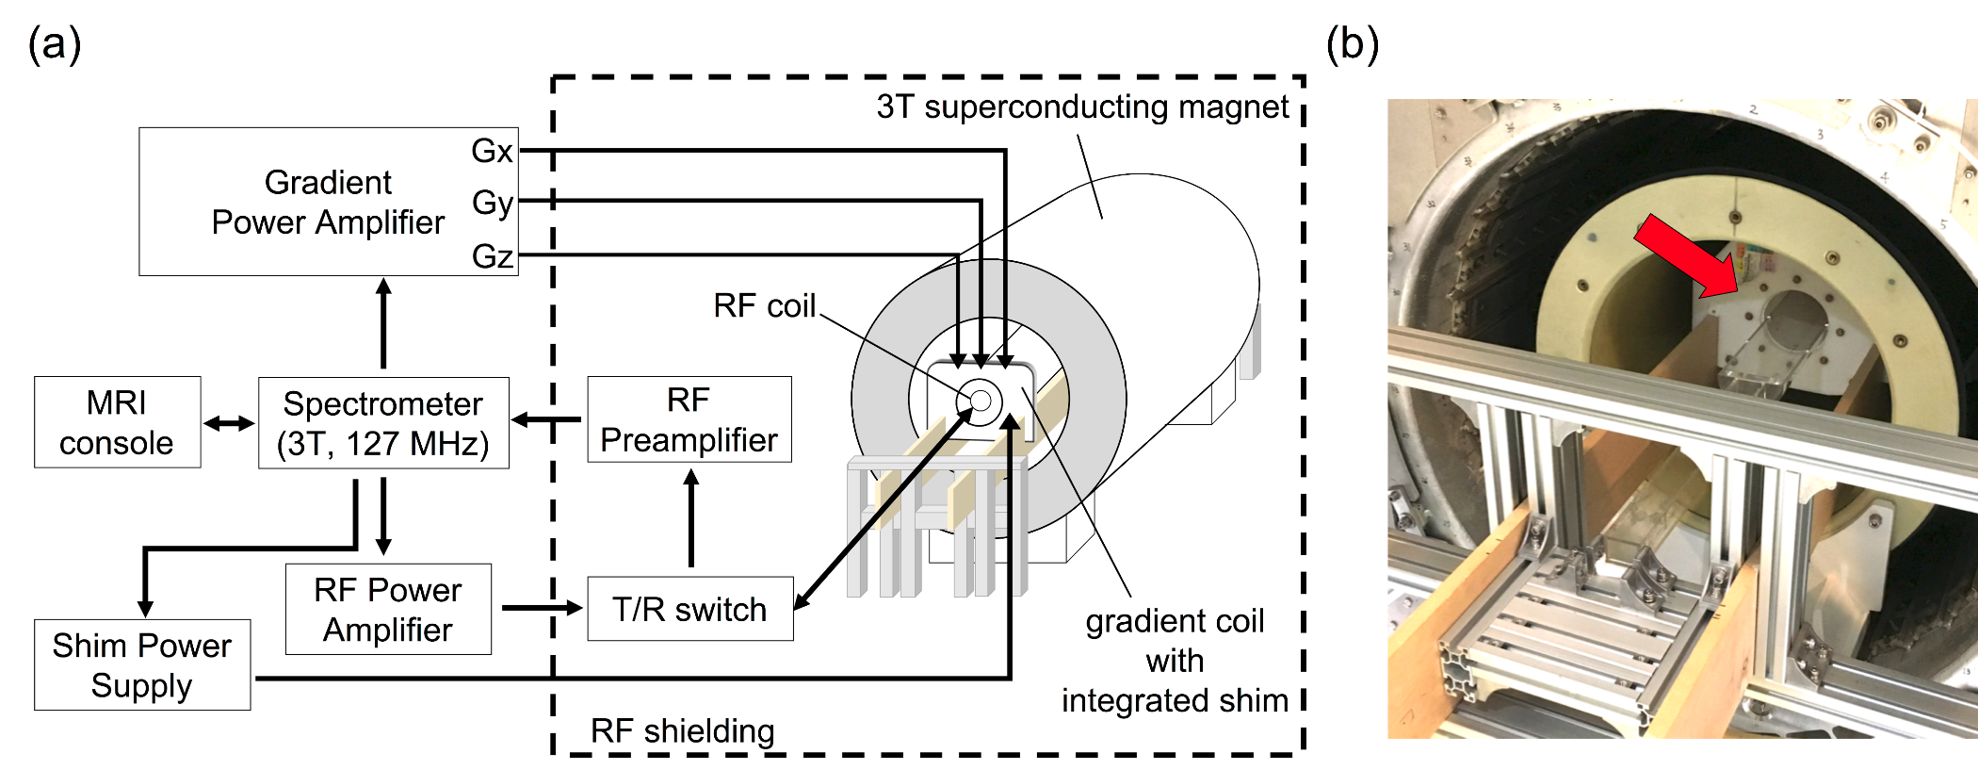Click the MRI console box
pyautogui.click(x=117, y=422)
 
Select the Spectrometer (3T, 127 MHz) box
pyautogui.click(x=383, y=423)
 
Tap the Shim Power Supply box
pyautogui.click(x=142, y=664)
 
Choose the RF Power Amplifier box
pyautogui.click(x=388, y=609)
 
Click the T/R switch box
pyautogui.click(x=689, y=609)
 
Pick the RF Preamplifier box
pyautogui.click(x=689, y=419)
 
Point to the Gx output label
pyautogui.click(x=492, y=151)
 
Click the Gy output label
pyautogui.click(x=493, y=203)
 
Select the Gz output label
pyautogui.click(x=493, y=255)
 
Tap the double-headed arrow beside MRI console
pyautogui.click(x=229, y=423)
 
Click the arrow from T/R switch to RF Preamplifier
pyautogui.click(x=691, y=518)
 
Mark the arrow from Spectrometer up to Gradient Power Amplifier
pyautogui.click(x=383, y=322)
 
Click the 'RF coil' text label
pyautogui.click(x=764, y=305)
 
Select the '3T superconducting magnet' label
pyautogui.click(x=1081, y=106)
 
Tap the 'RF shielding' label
pyautogui.click(x=682, y=730)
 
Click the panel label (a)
pyautogui.click(x=55, y=43)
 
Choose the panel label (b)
pyautogui.click(x=1352, y=43)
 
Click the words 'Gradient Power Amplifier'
pyautogui.click(x=328, y=202)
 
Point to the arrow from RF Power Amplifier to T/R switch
pyautogui.click(x=542, y=608)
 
